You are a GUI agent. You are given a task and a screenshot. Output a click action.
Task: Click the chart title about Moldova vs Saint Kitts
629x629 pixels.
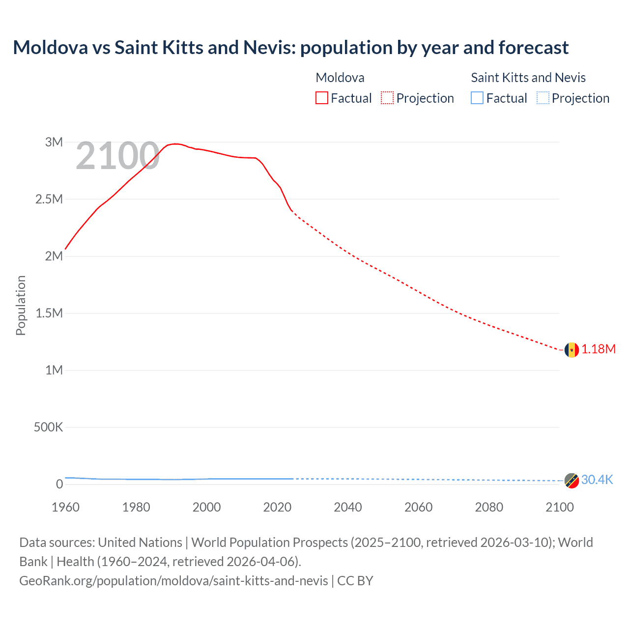point(290,48)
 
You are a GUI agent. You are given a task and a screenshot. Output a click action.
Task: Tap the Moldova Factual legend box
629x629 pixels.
point(322,98)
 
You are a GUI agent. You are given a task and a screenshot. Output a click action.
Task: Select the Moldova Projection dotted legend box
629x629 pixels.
point(387,98)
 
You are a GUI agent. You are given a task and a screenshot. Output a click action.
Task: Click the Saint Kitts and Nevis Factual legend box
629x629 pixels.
point(477,98)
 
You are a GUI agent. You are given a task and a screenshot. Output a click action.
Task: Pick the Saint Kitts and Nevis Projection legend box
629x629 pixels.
point(543,98)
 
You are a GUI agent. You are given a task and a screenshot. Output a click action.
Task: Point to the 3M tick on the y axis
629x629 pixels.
point(54,142)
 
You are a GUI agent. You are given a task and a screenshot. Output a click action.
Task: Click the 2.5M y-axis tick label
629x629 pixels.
point(49,199)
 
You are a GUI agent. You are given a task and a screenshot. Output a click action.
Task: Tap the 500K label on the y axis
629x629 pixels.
point(48,427)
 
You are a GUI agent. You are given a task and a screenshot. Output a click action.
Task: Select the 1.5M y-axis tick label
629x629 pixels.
point(49,313)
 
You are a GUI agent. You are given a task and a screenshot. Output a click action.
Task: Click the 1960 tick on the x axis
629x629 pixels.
point(65,507)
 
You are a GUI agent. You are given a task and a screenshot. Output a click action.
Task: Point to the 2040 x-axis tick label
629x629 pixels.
point(348,507)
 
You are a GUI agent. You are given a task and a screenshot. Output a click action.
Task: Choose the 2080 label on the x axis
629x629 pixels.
point(489,507)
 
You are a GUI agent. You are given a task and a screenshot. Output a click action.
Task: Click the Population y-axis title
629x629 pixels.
point(21,305)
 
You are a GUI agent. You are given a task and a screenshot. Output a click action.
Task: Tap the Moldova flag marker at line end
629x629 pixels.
point(572,350)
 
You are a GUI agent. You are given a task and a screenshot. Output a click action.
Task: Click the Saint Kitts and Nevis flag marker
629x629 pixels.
point(572,481)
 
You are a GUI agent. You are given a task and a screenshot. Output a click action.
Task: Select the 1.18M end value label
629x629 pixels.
point(599,349)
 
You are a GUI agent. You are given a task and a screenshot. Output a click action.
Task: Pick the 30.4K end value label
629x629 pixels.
point(597,480)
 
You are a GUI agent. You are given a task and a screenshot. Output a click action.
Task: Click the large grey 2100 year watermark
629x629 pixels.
point(117,156)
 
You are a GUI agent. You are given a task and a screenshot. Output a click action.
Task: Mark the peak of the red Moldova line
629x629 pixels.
point(175,144)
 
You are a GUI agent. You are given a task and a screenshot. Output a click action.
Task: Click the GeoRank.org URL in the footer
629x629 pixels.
point(173,581)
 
